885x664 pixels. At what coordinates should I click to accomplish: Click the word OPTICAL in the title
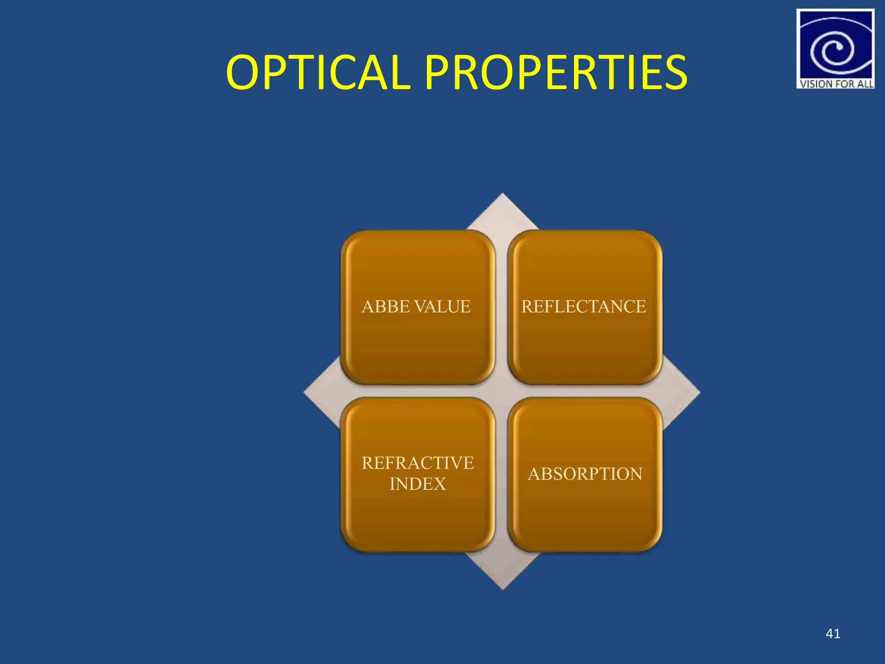point(318,73)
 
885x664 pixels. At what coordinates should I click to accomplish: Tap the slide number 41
point(833,634)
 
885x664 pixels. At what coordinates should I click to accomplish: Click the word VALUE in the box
point(442,306)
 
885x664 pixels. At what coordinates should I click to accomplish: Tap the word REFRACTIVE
point(417,463)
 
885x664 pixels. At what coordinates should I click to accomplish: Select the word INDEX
point(417,484)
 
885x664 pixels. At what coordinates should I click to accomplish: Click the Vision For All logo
point(835,48)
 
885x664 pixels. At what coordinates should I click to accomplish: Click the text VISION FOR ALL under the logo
point(836,84)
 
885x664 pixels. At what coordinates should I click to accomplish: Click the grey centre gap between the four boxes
point(501,391)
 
